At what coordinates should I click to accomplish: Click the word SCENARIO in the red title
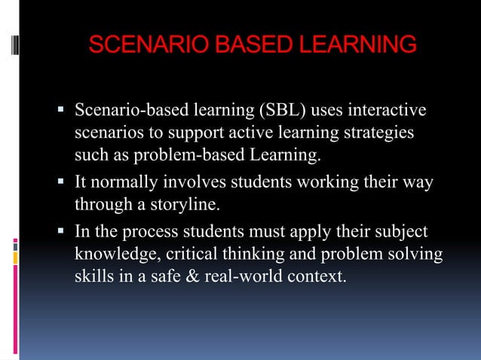[x=138, y=44]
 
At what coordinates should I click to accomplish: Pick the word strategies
[x=374, y=134]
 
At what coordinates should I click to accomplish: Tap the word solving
[x=414, y=253]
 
